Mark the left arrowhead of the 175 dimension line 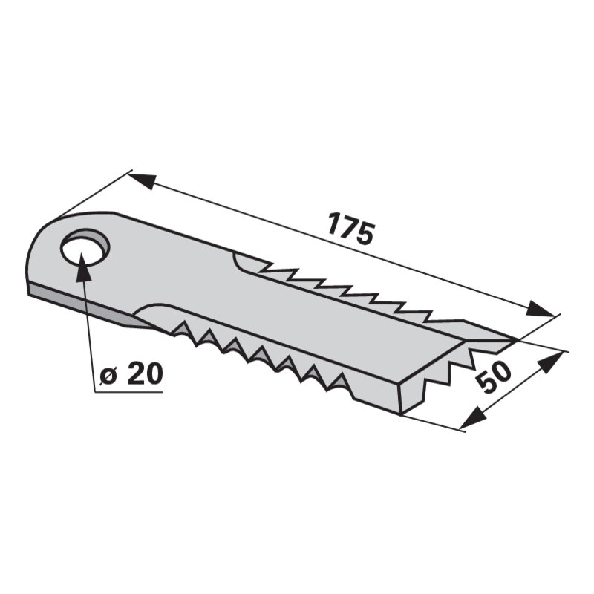click(x=141, y=180)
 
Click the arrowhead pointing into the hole click(x=84, y=270)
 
